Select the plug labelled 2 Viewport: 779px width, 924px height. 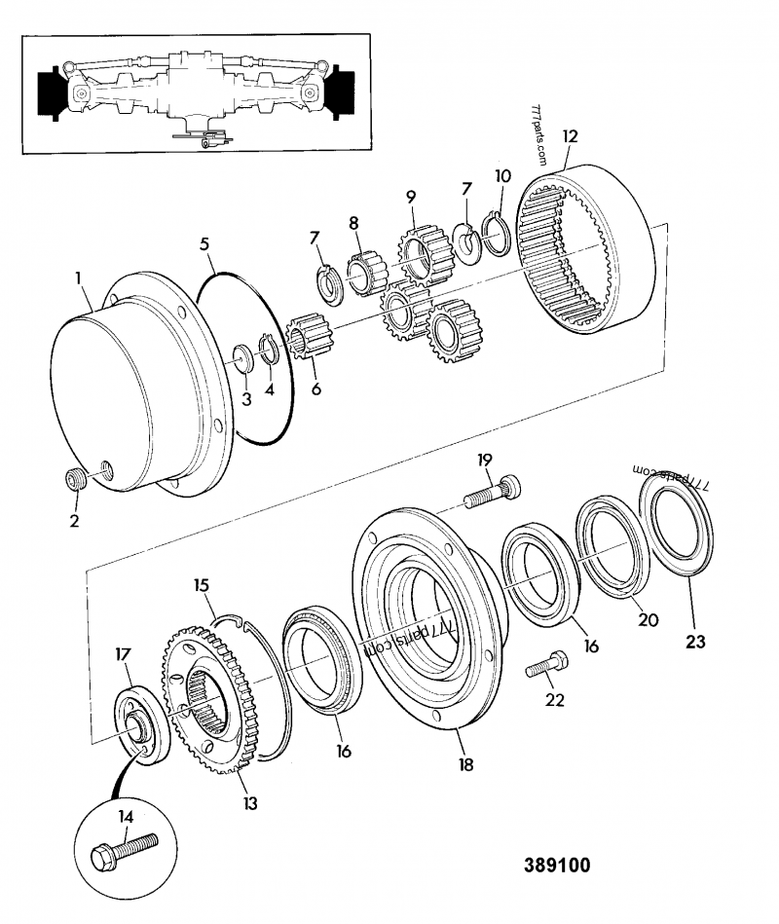[x=76, y=481]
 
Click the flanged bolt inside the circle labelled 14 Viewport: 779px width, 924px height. [x=122, y=853]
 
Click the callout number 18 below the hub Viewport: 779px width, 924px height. [x=466, y=764]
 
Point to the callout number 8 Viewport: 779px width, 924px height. [x=354, y=223]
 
